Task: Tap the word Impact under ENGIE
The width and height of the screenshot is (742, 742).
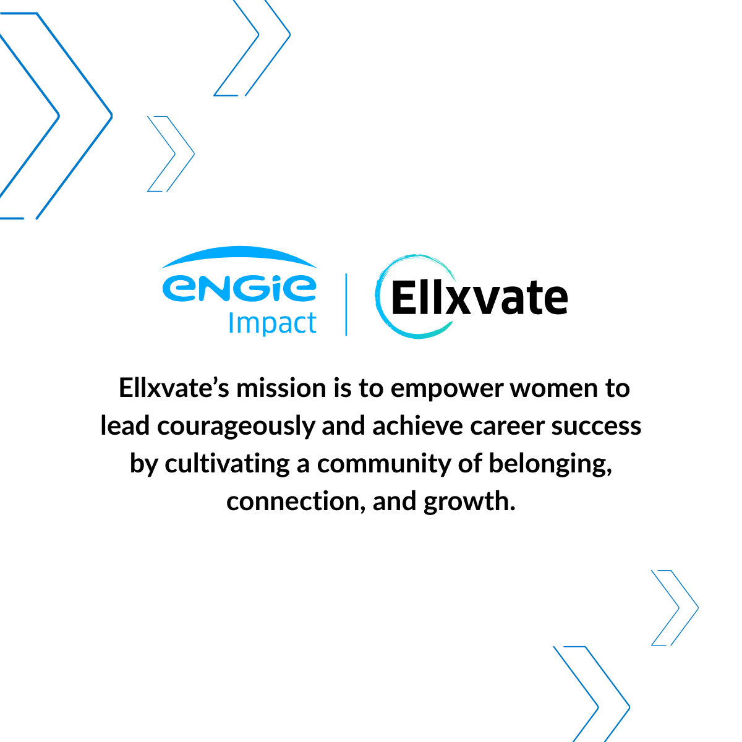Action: tap(272, 323)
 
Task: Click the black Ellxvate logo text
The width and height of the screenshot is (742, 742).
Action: tap(480, 298)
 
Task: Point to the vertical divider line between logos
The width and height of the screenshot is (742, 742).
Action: tap(346, 304)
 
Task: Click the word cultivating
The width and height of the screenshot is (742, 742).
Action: tap(227, 464)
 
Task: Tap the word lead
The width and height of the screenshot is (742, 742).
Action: tap(126, 426)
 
